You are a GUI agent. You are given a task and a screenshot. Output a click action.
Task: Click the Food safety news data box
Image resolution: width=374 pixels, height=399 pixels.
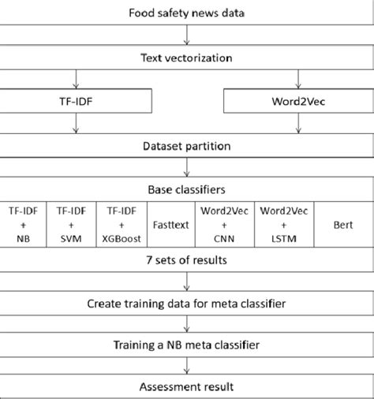tap(187, 13)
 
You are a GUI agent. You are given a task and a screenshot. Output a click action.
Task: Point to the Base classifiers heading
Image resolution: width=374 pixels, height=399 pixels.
tap(187, 189)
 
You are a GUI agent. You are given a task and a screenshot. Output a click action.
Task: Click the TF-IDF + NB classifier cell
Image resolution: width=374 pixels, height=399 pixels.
tap(24, 224)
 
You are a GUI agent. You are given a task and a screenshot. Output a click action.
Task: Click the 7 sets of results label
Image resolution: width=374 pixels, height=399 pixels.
tap(187, 259)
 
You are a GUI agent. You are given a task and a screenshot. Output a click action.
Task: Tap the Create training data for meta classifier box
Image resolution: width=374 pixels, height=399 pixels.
tap(187, 303)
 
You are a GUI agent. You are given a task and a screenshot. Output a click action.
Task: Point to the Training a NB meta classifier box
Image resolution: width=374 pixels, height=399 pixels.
tap(187, 345)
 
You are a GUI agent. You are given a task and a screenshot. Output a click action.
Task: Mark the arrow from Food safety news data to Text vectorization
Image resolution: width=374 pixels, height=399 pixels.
tap(187, 35)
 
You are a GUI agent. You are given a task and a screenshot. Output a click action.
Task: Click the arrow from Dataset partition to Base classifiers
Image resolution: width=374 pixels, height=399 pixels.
tap(187, 166)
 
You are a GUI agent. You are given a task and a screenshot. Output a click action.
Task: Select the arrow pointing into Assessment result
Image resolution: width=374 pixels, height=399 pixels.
tap(187, 367)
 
